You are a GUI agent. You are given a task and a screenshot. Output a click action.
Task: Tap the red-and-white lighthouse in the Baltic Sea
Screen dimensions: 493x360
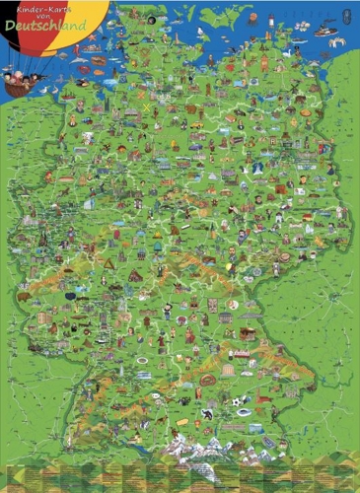253,18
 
